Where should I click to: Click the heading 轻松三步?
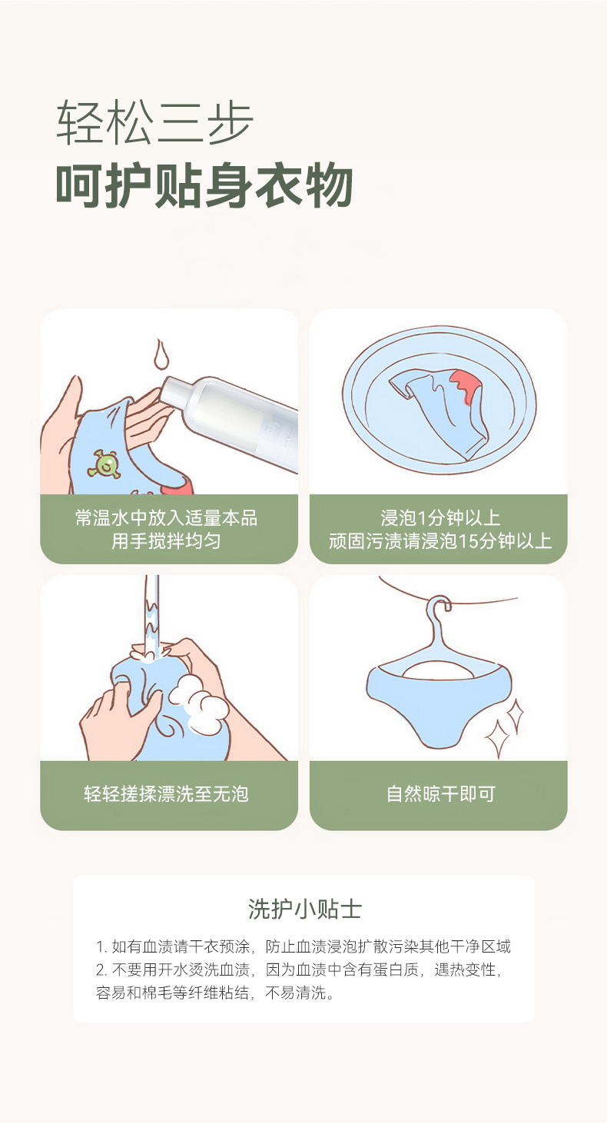coord(154,122)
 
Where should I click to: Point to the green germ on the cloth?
coord(104,464)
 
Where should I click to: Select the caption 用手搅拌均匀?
coord(166,541)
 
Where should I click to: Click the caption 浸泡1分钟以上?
coord(440,517)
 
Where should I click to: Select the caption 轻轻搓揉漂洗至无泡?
coord(166,793)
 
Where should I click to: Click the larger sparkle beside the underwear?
coord(498,738)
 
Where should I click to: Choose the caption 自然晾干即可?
coord(440,793)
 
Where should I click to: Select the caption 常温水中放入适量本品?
coord(166,517)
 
